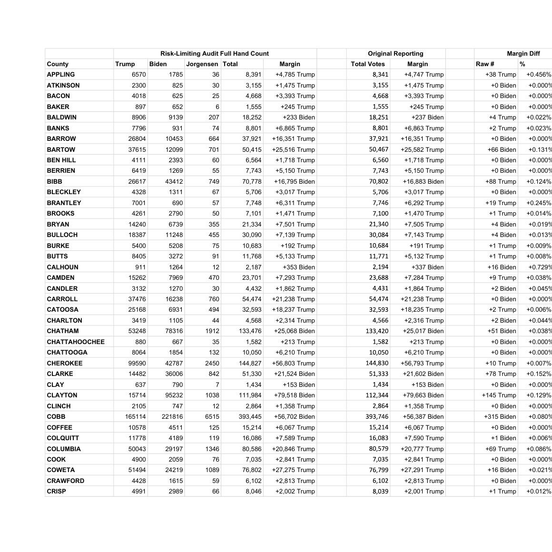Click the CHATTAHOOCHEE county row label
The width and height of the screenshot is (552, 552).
[76, 342]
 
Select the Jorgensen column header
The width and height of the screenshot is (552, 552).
[202, 64]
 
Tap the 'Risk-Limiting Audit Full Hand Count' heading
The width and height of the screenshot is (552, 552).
[215, 54]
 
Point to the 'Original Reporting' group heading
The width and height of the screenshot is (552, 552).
[395, 54]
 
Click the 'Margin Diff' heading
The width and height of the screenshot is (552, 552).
[523, 54]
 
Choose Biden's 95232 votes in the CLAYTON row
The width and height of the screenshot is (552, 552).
[172, 395]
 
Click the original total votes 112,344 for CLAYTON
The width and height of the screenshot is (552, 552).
[377, 395]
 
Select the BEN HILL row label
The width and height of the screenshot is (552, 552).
[61, 160]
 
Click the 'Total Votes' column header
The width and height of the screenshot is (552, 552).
[368, 64]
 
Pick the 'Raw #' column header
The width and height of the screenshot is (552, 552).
[485, 64]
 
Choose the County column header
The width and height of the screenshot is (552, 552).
[58, 64]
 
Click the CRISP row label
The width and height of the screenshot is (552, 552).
[57, 491]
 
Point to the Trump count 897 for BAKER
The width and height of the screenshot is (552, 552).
[139, 107]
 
